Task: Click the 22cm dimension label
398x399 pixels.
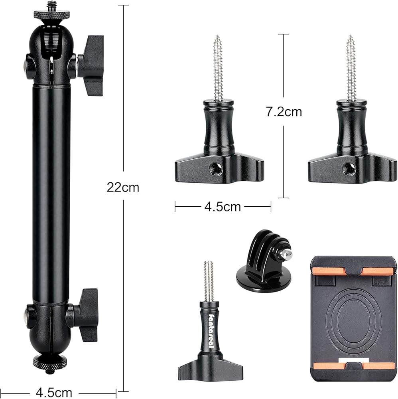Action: (123, 188)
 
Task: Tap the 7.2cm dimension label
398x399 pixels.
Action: (284, 112)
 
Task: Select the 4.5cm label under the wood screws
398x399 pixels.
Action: (223, 207)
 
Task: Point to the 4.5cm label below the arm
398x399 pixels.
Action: (54, 392)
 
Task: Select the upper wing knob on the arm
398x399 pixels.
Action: (91, 65)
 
